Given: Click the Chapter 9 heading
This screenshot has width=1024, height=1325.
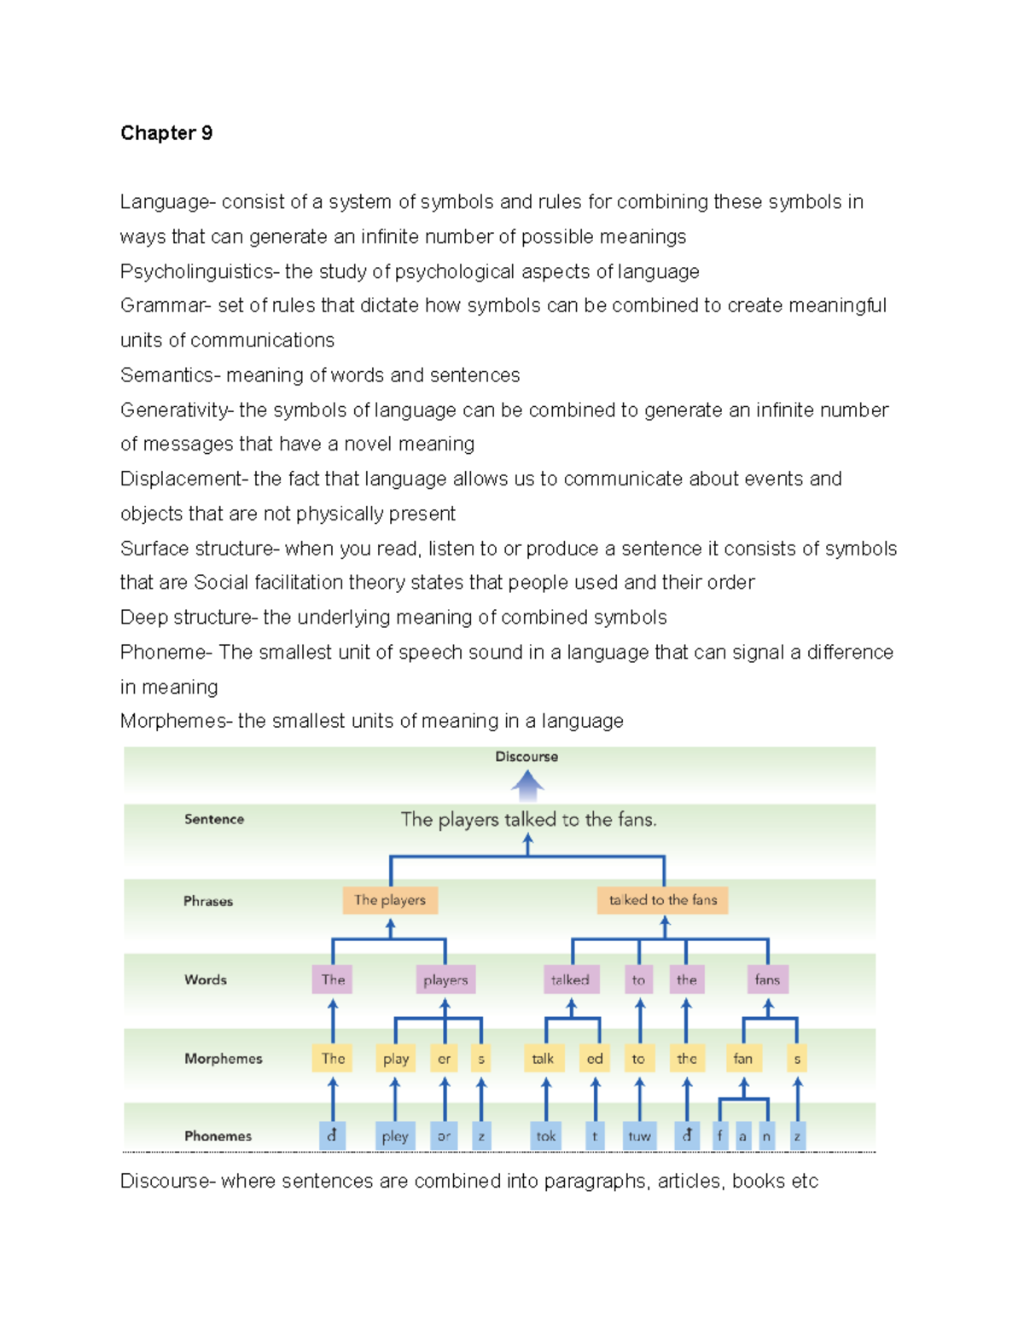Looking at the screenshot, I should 166,133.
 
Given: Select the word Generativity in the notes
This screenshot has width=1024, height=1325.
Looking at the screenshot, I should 175,410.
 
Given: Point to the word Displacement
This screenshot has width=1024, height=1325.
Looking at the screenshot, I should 181,479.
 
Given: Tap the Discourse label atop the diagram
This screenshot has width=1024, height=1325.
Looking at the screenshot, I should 527,757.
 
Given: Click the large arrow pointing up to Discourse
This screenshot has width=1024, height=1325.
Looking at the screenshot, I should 527,784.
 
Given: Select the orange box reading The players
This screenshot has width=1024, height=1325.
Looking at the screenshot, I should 390,900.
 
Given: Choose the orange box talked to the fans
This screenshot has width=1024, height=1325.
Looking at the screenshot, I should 663,900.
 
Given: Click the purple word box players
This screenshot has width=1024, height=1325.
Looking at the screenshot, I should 445,979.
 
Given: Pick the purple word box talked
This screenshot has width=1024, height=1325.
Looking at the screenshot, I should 570,979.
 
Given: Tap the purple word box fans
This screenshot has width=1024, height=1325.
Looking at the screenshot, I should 767,979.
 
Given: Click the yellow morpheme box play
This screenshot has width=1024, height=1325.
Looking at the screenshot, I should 395,1059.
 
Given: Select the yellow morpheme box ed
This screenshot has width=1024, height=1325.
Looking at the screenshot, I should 595,1059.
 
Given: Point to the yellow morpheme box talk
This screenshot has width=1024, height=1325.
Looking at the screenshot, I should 543,1059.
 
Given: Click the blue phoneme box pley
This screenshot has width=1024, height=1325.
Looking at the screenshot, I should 395,1136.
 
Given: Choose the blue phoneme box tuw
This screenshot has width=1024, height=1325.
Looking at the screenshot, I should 639,1136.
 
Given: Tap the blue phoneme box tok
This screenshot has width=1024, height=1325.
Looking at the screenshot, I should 546,1136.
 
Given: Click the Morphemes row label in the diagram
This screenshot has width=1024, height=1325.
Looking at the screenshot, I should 224,1059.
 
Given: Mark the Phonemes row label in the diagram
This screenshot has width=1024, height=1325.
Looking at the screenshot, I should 218,1136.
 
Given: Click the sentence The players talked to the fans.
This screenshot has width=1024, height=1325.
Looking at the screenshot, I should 529,820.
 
